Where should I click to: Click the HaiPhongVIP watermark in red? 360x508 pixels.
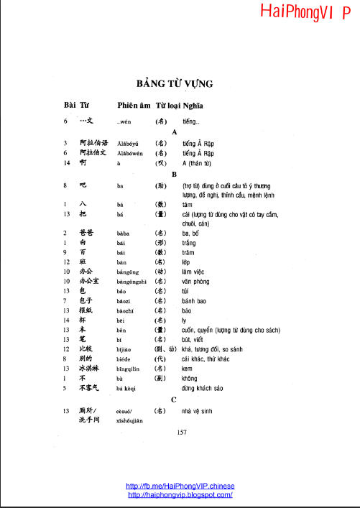pyautogui.click(x=310, y=12)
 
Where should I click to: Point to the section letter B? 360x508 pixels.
pyautogui.click(x=174, y=175)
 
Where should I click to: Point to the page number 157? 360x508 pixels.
pyautogui.click(x=181, y=432)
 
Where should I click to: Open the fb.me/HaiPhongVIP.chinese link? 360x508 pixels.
pyautogui.click(x=180, y=486)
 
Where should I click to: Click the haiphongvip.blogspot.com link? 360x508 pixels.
pyautogui.click(x=180, y=494)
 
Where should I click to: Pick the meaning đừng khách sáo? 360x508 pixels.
pyautogui.click(x=203, y=387)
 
